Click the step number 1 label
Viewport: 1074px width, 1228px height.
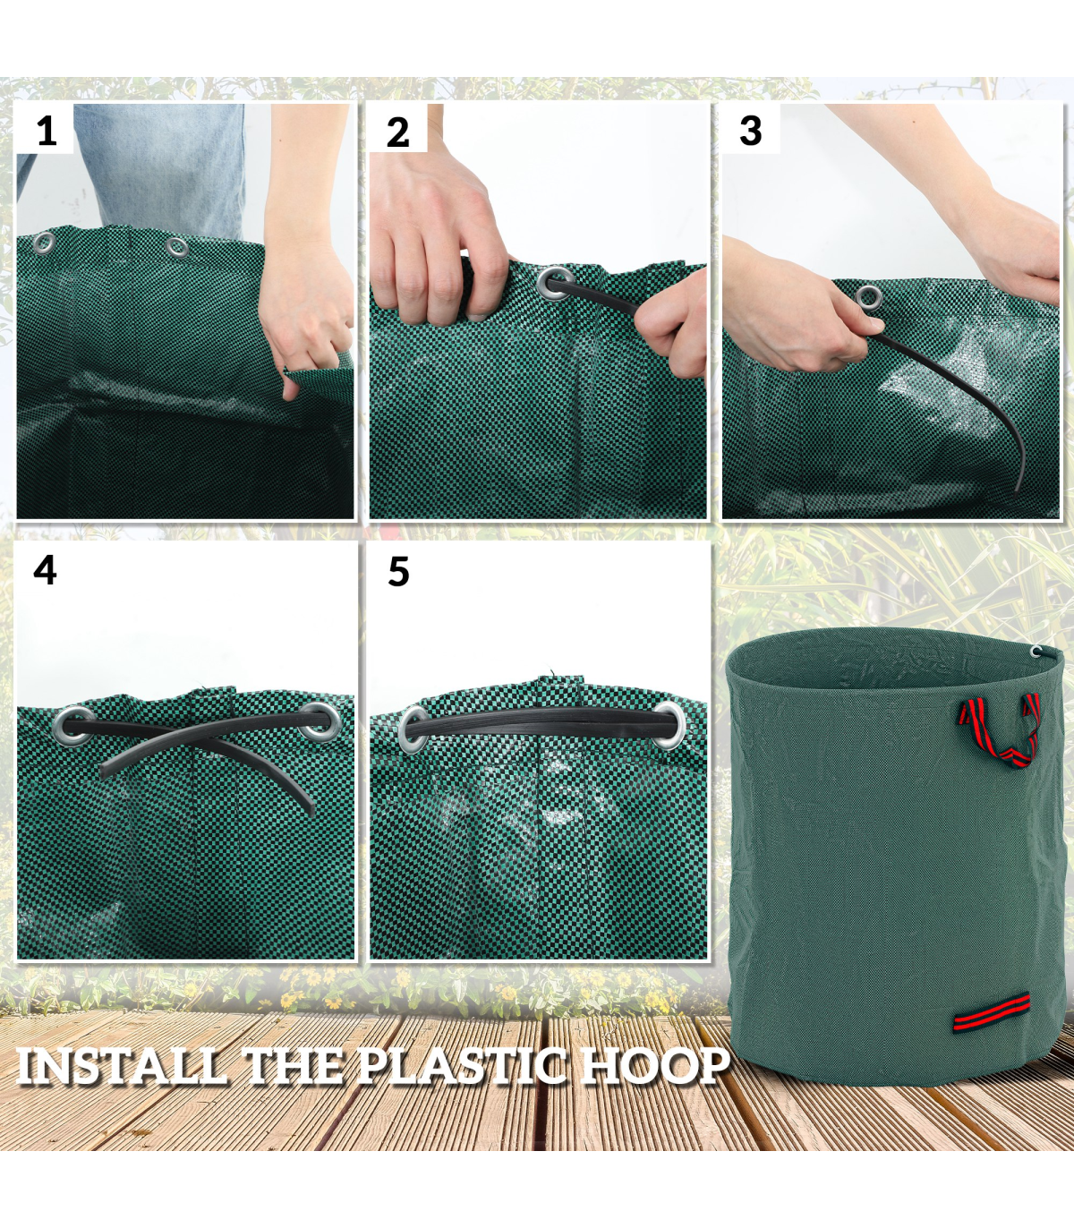click(47, 131)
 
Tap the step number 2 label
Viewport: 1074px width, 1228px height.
click(397, 132)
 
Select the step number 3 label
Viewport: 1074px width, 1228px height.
click(751, 131)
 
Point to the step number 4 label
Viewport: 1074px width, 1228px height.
click(45, 570)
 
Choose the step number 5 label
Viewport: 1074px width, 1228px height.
click(398, 571)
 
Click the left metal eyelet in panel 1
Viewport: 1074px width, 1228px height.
click(44, 243)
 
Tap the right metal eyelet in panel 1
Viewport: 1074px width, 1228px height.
click(177, 247)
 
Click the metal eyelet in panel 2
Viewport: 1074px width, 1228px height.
click(553, 284)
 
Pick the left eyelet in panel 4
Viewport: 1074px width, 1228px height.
click(73, 725)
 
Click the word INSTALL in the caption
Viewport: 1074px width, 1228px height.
click(119, 1065)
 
